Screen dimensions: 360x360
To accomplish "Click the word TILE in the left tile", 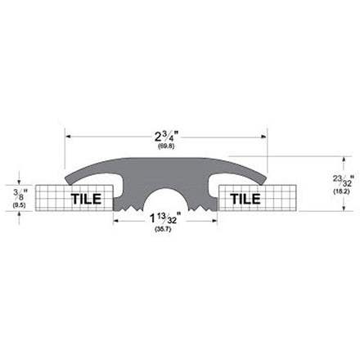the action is coord(86,199).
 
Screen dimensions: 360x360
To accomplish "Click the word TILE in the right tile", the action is coord(245,199).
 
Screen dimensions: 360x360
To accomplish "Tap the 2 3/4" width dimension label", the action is coord(166,137).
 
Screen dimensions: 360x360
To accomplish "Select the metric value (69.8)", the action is coord(166,146).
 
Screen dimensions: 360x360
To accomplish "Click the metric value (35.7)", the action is coord(163,229).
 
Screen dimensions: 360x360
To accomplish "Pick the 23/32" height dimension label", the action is coord(343,181).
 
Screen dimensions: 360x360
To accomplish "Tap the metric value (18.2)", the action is coord(341,191).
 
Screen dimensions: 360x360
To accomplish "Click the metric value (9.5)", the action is coord(19,205).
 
